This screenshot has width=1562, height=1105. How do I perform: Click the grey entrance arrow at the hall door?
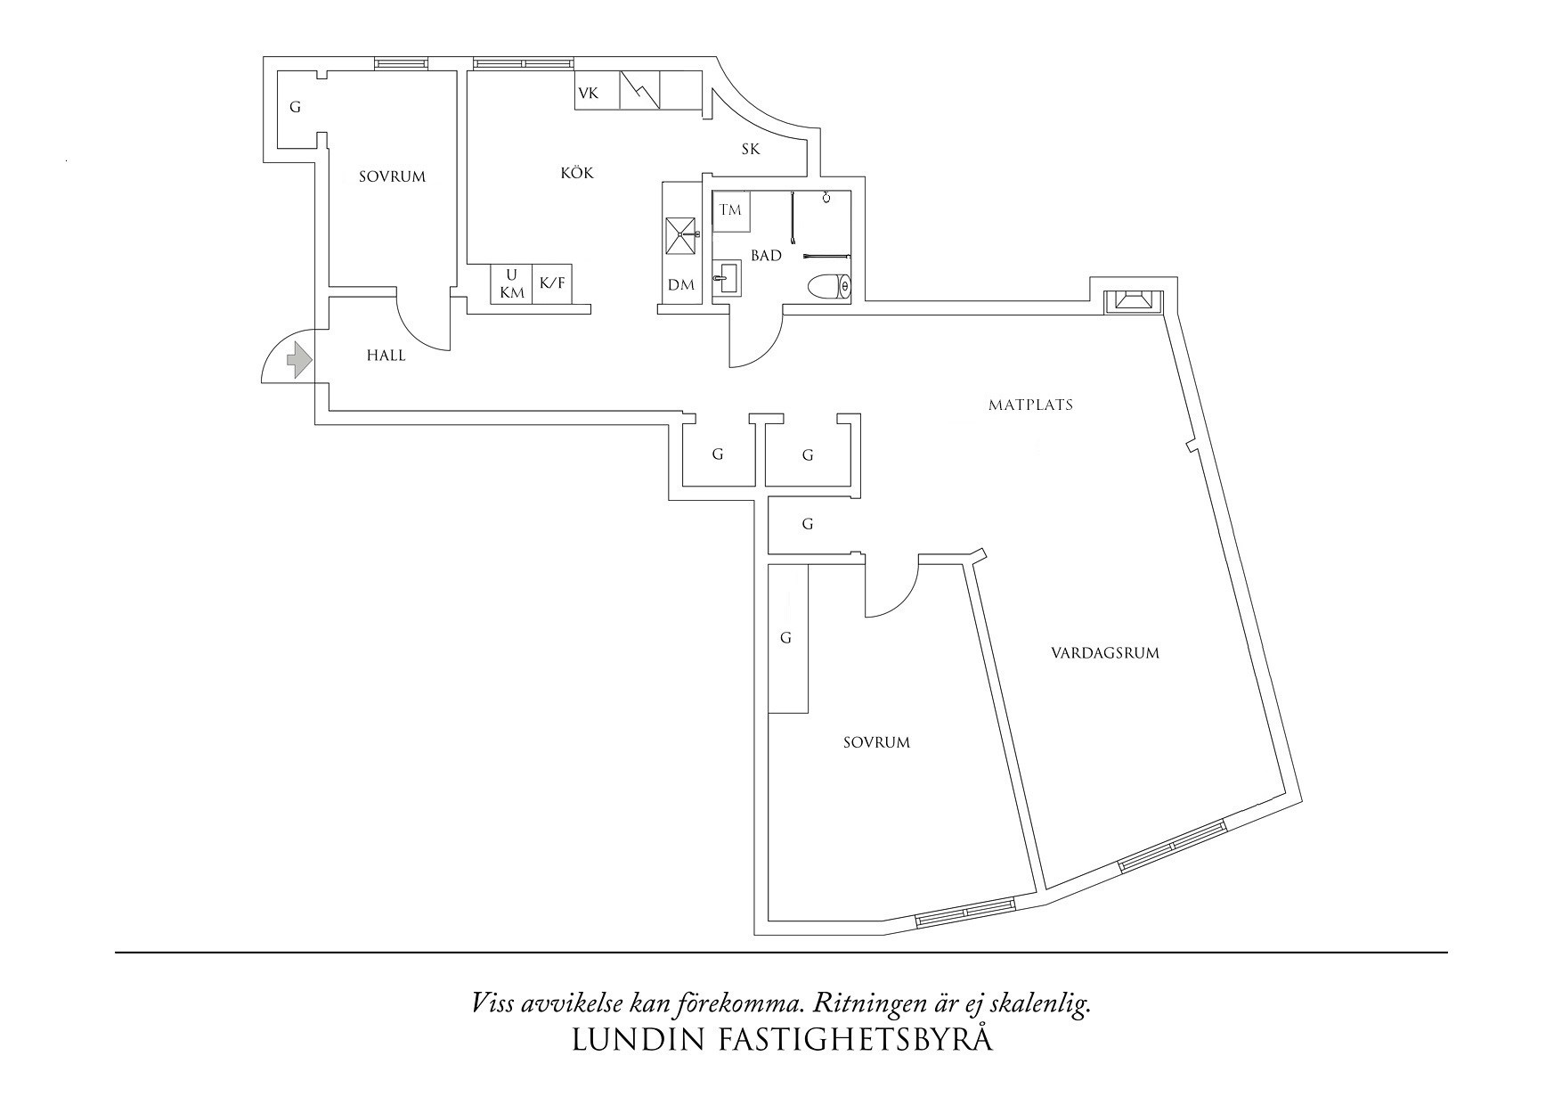pyautogui.click(x=297, y=360)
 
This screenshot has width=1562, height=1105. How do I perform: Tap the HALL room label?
pyautogui.click(x=386, y=356)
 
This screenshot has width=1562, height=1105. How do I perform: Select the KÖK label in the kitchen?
pyautogui.click(x=576, y=173)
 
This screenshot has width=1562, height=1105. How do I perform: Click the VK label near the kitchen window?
pyautogui.click(x=588, y=94)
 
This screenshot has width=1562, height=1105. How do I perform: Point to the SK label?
pyautogui.click(x=751, y=149)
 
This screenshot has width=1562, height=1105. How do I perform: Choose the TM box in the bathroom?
pyautogui.click(x=730, y=212)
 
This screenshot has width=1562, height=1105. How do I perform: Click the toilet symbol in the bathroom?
pyautogui.click(x=830, y=287)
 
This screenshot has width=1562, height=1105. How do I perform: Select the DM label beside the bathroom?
pyautogui.click(x=681, y=285)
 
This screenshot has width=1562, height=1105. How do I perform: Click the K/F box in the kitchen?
pyautogui.click(x=552, y=283)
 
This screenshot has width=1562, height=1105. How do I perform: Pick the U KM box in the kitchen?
pyautogui.click(x=512, y=283)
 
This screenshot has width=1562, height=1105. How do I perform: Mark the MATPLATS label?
pyautogui.click(x=1030, y=405)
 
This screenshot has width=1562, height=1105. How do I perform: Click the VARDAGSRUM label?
pyautogui.click(x=1105, y=653)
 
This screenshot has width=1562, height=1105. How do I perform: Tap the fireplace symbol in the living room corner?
pyautogui.click(x=1133, y=301)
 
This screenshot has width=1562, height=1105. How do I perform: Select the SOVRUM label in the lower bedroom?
pyautogui.click(x=876, y=742)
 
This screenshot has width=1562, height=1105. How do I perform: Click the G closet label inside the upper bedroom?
pyautogui.click(x=296, y=108)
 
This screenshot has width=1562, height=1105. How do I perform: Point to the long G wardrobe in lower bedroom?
pyautogui.click(x=787, y=638)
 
